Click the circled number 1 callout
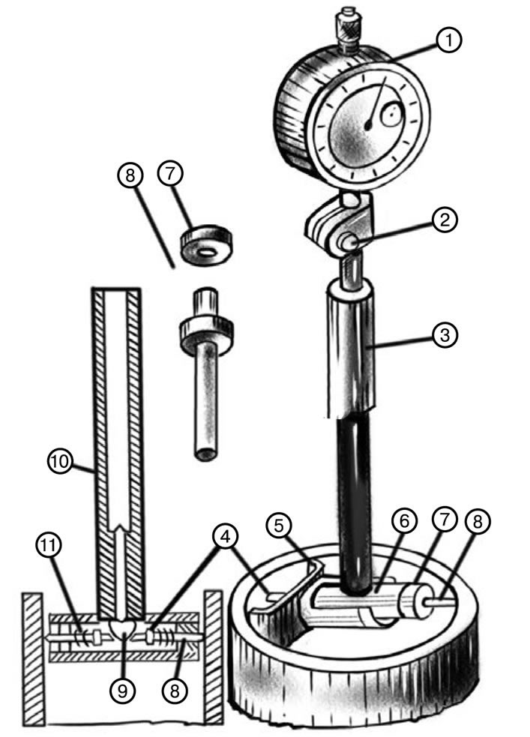click(448, 40)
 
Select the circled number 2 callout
click(444, 219)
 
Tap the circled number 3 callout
click(444, 335)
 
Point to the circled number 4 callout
click(226, 536)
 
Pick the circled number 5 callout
click(279, 526)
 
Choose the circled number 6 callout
click(404, 521)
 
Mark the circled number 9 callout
click(122, 691)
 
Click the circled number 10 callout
click(61, 461)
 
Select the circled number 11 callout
click(49, 545)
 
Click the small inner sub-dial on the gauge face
click(391, 115)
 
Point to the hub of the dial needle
click(369, 125)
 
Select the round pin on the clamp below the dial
click(352, 242)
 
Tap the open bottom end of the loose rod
click(206, 455)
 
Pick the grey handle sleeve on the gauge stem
click(351, 349)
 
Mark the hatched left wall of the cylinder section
click(34, 658)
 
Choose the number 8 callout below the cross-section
click(174, 691)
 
